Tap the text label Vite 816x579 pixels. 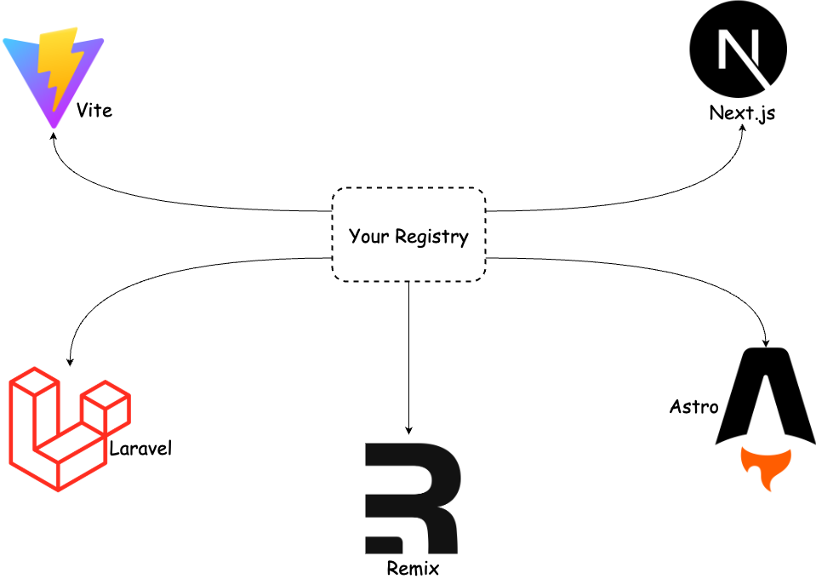tap(94, 111)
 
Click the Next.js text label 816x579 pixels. tap(742, 113)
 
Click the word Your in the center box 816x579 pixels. tap(368, 236)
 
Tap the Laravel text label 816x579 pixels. tap(140, 448)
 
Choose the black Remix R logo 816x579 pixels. tap(412, 498)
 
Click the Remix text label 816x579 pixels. tap(413, 567)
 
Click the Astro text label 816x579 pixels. tap(693, 407)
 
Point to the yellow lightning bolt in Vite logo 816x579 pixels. tap(57, 68)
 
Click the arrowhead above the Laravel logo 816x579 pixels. tap(68, 361)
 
